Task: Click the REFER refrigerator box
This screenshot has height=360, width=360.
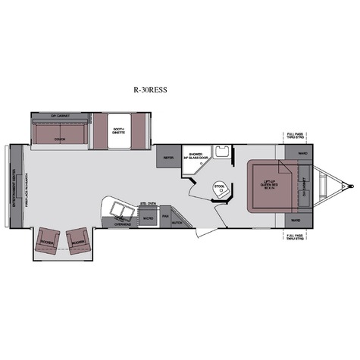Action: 168,158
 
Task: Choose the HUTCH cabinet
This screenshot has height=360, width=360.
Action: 178,223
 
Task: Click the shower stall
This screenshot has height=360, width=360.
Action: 196,160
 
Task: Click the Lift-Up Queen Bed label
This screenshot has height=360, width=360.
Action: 262,185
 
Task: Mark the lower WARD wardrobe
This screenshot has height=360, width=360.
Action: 296,221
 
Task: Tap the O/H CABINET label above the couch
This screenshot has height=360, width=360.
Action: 61,116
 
